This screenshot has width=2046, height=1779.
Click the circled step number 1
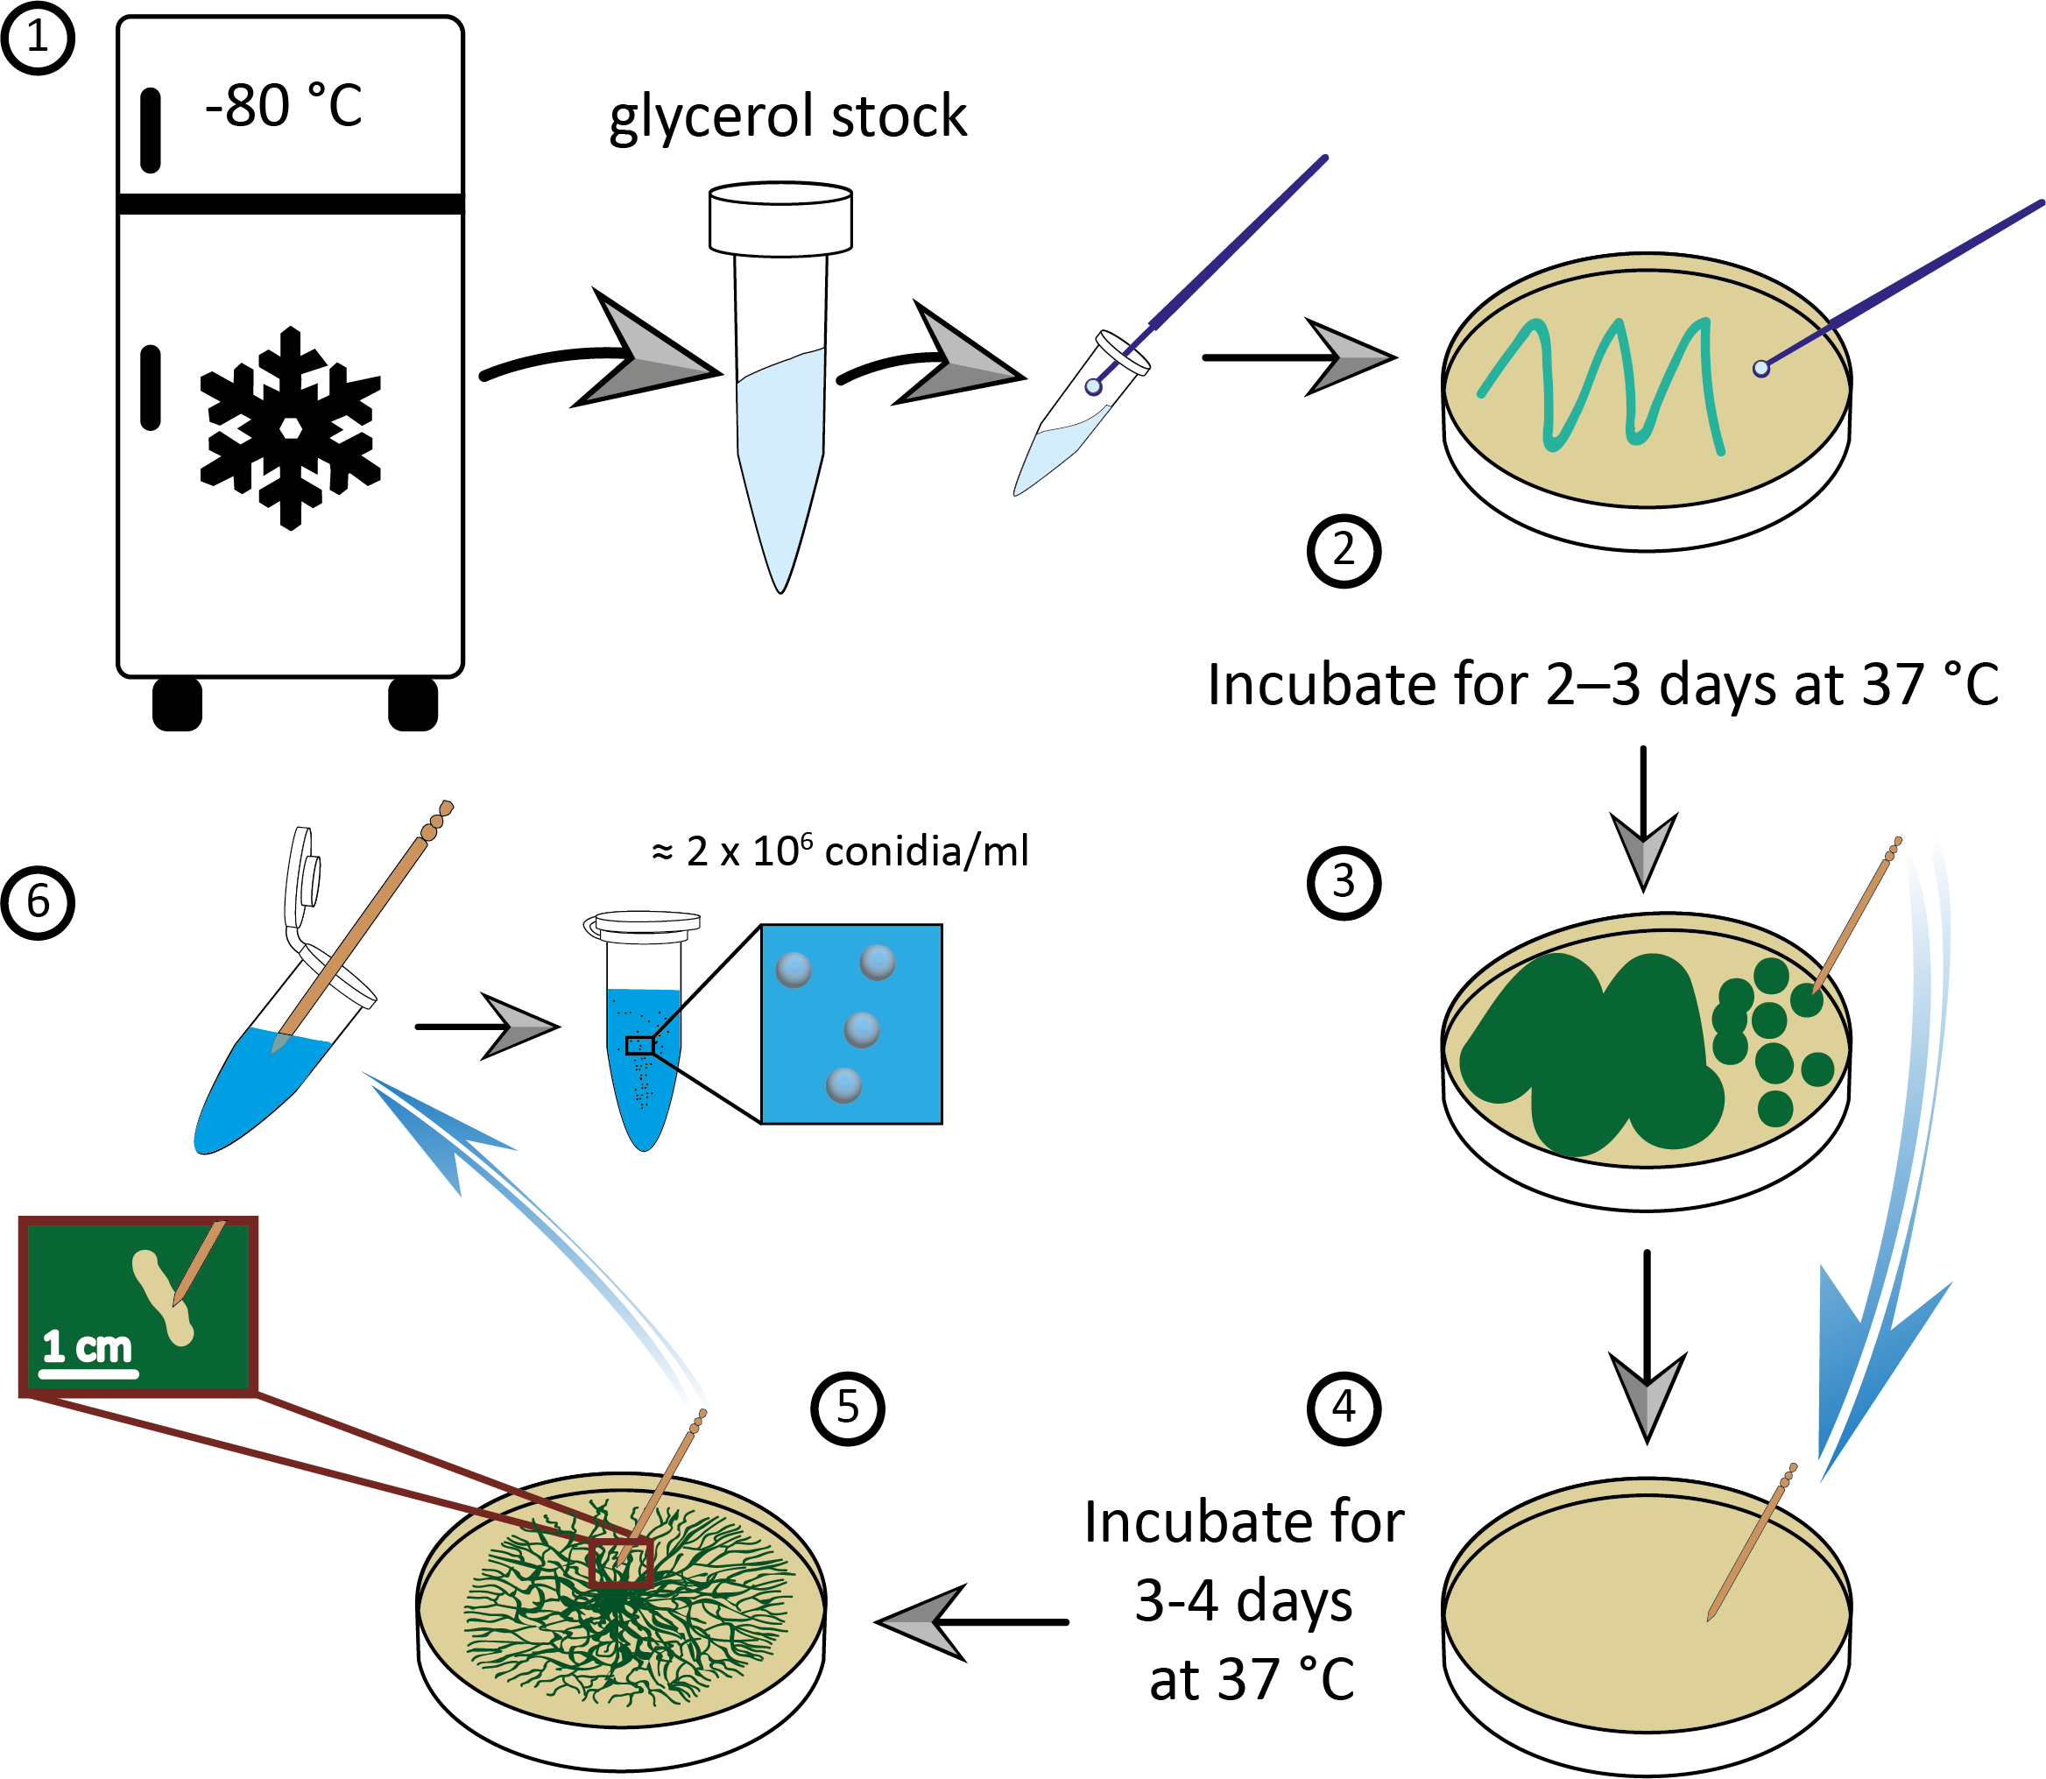point(37,39)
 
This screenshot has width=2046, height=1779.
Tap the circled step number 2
point(1344,551)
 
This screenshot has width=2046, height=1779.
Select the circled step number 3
point(1344,881)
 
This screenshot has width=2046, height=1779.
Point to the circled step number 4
point(1344,1408)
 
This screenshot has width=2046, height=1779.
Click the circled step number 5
point(847,1408)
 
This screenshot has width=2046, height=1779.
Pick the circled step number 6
point(37,902)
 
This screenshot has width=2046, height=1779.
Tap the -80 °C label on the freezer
point(284,106)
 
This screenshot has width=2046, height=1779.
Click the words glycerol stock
point(787,117)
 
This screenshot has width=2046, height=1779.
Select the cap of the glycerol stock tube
point(780,218)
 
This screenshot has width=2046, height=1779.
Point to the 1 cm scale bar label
point(88,1348)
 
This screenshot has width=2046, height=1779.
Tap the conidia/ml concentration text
point(840,851)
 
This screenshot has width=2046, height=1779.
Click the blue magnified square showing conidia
point(850,1024)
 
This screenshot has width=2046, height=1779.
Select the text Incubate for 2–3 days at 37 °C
point(1602,685)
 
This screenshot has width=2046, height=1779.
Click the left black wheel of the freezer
point(178,704)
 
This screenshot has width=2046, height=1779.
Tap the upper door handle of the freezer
point(151,130)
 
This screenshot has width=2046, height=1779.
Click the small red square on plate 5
point(620,1563)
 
